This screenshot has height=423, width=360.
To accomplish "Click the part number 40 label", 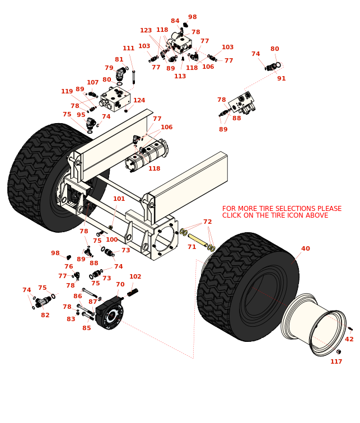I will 305,249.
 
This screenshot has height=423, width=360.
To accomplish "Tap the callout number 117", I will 336,361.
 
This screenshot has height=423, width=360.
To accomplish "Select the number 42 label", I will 349,339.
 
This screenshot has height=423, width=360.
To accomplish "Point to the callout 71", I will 191,247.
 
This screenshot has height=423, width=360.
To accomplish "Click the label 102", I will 135,276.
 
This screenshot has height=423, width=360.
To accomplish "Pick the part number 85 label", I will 86,328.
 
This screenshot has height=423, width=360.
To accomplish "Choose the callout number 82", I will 45,315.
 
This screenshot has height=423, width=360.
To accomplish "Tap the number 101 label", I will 119,199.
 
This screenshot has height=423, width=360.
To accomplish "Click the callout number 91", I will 281,78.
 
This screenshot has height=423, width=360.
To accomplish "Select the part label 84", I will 175,21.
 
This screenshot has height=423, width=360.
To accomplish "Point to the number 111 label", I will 128,48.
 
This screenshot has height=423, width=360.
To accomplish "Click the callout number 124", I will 139,101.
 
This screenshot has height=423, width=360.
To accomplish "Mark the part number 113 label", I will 180,76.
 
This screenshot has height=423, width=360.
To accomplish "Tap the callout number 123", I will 146,31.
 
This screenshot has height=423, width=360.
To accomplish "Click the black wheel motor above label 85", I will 110,313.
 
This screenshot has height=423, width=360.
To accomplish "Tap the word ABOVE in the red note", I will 317,215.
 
